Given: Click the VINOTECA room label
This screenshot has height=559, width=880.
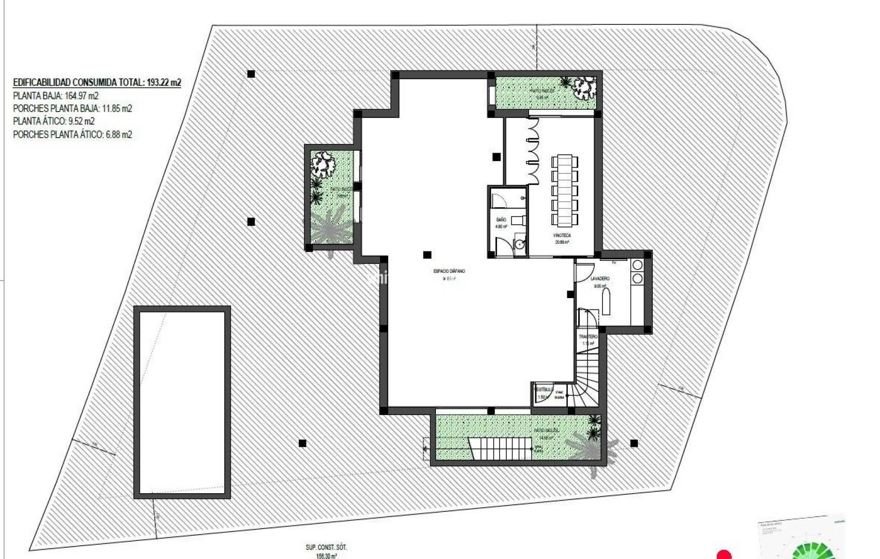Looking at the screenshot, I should (562, 236).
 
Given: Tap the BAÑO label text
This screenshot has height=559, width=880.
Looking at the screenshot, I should (501, 220).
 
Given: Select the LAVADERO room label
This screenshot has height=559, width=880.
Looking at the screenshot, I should (600, 278).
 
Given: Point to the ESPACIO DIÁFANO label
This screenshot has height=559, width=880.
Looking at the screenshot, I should (449, 271).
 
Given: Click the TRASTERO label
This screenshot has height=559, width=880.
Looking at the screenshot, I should (588, 336).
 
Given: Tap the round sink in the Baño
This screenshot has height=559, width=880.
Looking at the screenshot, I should (519, 244).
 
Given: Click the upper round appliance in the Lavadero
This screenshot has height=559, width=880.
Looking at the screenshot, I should (638, 266).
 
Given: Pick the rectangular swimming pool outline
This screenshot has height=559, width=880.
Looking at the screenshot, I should (182, 402).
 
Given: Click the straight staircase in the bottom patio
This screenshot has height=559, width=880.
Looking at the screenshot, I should (501, 448).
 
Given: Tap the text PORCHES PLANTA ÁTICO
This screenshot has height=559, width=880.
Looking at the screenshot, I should (58, 135).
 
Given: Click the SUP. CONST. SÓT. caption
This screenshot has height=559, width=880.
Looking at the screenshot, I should (326, 547).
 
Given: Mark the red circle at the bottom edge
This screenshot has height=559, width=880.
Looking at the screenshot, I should (724, 554).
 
